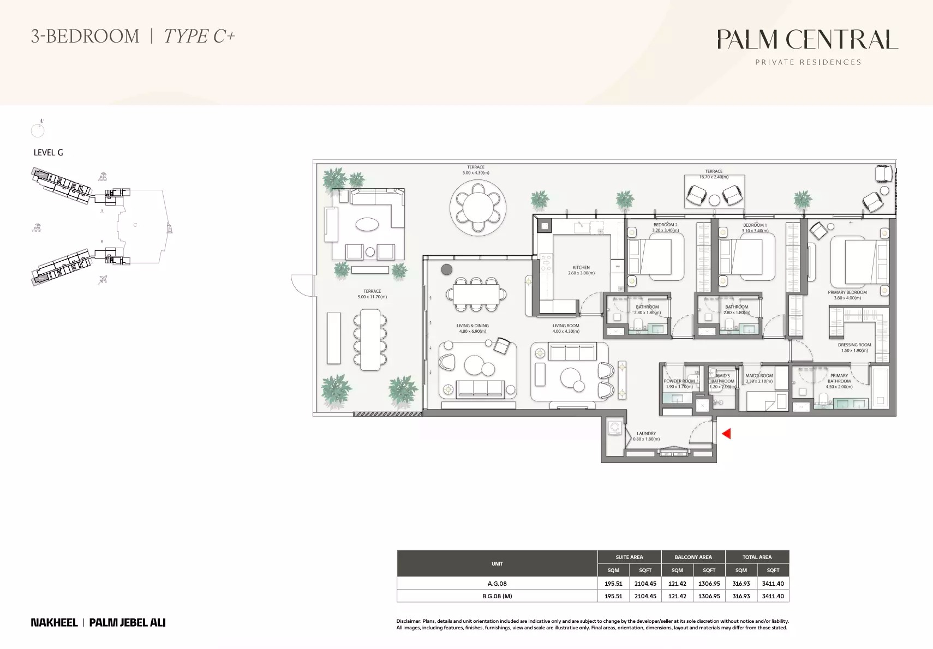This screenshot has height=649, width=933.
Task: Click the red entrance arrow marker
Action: (x=726, y=434)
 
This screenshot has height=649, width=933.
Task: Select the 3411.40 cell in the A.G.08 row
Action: (x=773, y=584)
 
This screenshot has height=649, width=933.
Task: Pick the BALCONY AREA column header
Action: (x=693, y=557)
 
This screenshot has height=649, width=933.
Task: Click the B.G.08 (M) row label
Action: (x=497, y=596)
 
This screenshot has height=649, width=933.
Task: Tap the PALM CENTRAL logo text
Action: (x=807, y=40)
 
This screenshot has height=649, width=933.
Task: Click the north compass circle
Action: (x=38, y=130)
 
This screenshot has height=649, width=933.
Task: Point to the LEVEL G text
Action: (x=48, y=153)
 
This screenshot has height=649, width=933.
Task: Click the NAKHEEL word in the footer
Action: (x=54, y=622)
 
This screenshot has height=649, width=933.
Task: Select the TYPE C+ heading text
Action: (x=199, y=37)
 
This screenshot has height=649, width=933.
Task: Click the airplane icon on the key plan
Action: (x=102, y=280)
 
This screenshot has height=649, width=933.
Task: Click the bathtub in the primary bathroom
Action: (x=880, y=388)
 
